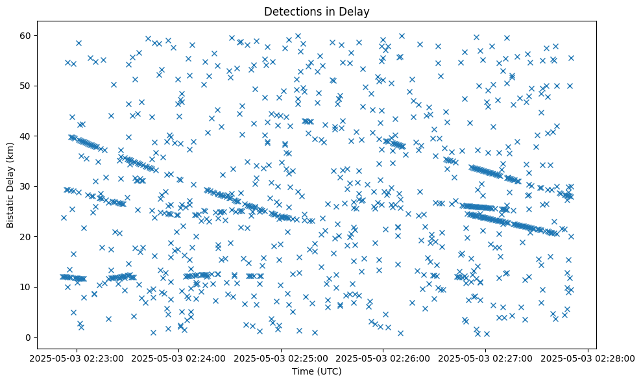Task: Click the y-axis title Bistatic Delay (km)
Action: coord(10,185)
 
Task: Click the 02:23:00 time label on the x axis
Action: coord(77,358)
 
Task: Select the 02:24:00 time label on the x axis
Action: coord(179,358)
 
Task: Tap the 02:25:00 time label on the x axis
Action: coord(281,358)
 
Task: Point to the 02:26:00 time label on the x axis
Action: coord(383,358)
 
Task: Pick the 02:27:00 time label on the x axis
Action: coord(485,358)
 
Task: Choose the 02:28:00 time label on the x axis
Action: coord(588,358)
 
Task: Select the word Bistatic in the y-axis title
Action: coord(10,210)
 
